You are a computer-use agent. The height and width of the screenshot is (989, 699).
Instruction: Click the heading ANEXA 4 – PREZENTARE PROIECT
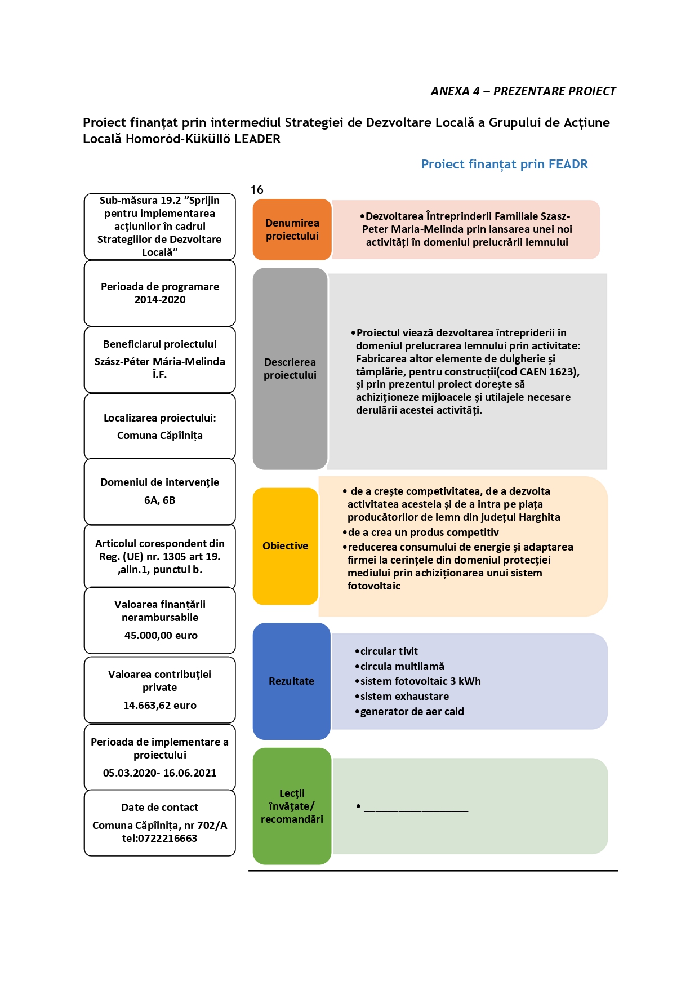pyautogui.click(x=523, y=91)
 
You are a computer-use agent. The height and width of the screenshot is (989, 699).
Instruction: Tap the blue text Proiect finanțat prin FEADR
pyautogui.click(x=505, y=165)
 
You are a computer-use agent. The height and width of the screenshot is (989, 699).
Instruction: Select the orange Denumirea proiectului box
pyautogui.click(x=292, y=229)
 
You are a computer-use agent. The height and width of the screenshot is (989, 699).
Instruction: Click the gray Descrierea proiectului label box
pyautogui.click(x=290, y=369)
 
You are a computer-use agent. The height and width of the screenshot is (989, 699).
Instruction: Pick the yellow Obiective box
pyautogui.click(x=286, y=546)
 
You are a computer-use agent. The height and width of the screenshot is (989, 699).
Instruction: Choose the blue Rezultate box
pyautogui.click(x=291, y=681)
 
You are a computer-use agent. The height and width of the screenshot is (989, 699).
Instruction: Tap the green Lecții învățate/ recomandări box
pyautogui.click(x=292, y=806)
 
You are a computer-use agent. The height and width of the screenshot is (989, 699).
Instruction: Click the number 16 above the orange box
pyautogui.click(x=257, y=190)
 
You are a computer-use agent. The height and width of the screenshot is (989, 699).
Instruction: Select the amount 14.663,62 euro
pyautogui.click(x=160, y=706)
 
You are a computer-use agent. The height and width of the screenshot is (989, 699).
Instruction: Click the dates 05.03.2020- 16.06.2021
pyautogui.click(x=160, y=773)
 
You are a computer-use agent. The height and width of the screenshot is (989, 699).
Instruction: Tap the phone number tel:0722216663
pyautogui.click(x=160, y=839)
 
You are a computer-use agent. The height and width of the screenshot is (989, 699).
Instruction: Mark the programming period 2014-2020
pyautogui.click(x=160, y=300)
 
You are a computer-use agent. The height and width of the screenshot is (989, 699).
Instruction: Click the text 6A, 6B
pyautogui.click(x=160, y=500)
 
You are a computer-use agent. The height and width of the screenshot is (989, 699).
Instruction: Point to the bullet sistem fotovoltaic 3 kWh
pyautogui.click(x=418, y=681)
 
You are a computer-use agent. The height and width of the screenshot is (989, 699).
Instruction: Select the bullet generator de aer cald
pyautogui.click(x=409, y=712)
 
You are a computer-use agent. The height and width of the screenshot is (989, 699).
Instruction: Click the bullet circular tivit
pyautogui.click(x=386, y=651)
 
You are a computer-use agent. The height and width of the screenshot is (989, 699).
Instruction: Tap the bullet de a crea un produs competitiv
pyautogui.click(x=421, y=533)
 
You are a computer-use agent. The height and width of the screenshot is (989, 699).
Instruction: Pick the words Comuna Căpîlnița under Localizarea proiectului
pyautogui.click(x=160, y=436)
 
